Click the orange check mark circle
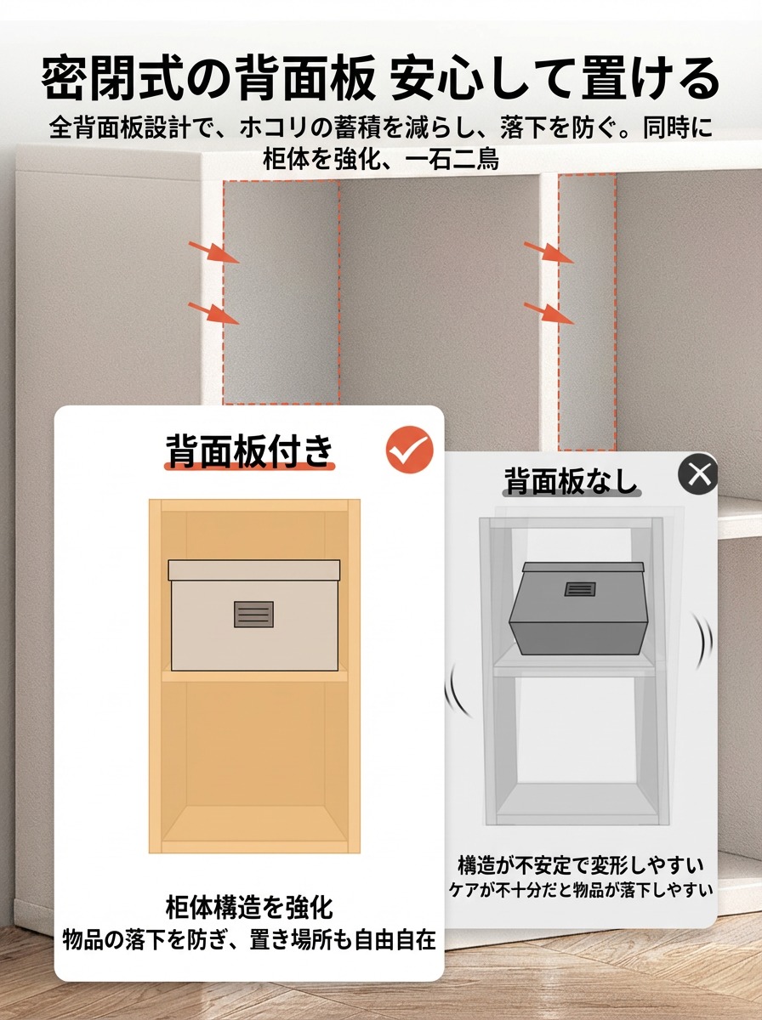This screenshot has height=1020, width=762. pyautogui.click(x=409, y=450)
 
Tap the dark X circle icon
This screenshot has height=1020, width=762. pyautogui.click(x=698, y=474)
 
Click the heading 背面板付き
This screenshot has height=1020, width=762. pyautogui.click(x=250, y=451)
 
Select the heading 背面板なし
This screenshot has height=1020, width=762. pyautogui.click(x=571, y=481)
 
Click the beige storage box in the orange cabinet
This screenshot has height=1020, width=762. pyautogui.click(x=253, y=615)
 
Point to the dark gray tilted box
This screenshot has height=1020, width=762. pyautogui.click(x=578, y=608)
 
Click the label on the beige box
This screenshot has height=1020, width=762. pyautogui.click(x=253, y=614)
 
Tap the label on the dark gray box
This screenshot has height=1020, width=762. pyautogui.click(x=579, y=589)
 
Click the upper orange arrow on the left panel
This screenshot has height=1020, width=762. pyautogui.click(x=213, y=252)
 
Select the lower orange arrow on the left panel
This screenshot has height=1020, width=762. pyautogui.click(x=213, y=313)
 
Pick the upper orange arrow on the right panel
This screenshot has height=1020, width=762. pyautogui.click(x=549, y=252)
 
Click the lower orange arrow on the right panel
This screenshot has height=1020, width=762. pyautogui.click(x=549, y=313)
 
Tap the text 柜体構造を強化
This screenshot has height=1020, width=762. pyautogui.click(x=249, y=907)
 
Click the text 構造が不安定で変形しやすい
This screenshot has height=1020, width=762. pyautogui.click(x=580, y=865)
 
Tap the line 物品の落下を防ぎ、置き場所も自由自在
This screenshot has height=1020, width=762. pyautogui.click(x=249, y=939)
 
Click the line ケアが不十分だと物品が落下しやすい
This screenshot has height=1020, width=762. pyautogui.click(x=580, y=890)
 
